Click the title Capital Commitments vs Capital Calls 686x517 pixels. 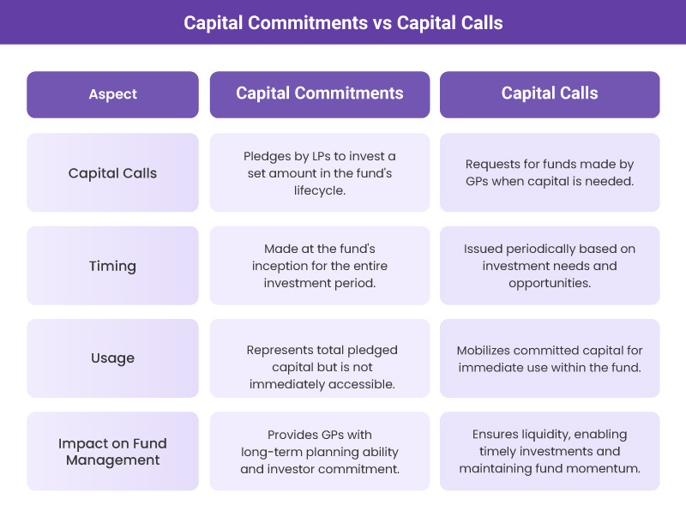[x=343, y=22]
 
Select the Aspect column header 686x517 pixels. [x=112, y=94]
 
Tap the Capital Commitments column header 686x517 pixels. [x=320, y=93]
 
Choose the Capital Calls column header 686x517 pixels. [x=550, y=93]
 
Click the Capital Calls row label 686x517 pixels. [x=112, y=172]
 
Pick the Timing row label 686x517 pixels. [x=112, y=266]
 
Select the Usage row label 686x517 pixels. [x=112, y=358]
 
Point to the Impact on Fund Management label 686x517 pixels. [x=112, y=452]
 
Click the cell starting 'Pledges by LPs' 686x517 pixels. [x=320, y=172]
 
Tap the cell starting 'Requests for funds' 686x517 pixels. [x=550, y=172]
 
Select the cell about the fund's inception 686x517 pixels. [x=320, y=266]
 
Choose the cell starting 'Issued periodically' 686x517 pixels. [x=550, y=266]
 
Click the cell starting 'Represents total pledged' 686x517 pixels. [x=320, y=367]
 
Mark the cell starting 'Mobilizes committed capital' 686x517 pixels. [x=550, y=358]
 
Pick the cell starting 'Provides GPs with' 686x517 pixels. [x=320, y=452]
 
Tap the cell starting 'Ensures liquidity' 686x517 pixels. [x=550, y=452]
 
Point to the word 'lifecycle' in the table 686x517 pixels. [x=320, y=189]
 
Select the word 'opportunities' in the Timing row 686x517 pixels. [x=550, y=283]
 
